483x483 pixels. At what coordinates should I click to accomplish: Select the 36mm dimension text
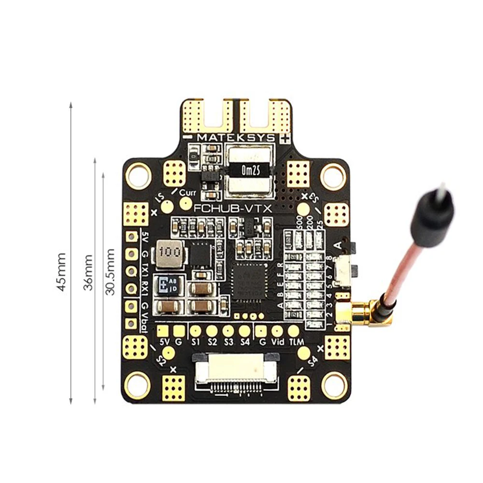click(x=88, y=272)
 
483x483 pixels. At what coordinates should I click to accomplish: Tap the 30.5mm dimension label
click(x=111, y=271)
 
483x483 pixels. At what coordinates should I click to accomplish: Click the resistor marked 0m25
click(x=249, y=170)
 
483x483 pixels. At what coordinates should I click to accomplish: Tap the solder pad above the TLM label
click(x=294, y=331)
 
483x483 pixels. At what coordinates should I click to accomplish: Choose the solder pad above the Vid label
click(x=277, y=331)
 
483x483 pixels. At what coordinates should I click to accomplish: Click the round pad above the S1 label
click(x=195, y=331)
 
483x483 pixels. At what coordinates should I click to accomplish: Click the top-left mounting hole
click(x=138, y=176)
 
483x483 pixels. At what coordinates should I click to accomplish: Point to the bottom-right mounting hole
click(x=334, y=385)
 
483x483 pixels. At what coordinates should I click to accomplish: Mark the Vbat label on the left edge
click(x=143, y=321)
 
